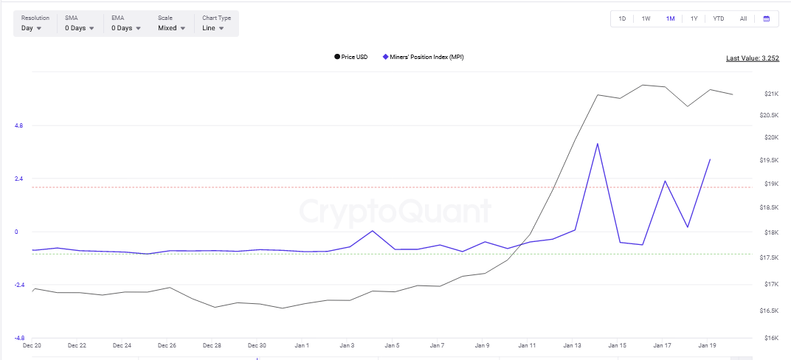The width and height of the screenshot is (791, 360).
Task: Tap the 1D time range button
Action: click(x=622, y=18)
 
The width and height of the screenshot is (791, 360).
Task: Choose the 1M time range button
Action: click(x=670, y=18)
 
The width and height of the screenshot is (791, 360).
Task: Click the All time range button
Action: click(x=743, y=18)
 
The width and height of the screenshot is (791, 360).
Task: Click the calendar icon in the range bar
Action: click(x=766, y=18)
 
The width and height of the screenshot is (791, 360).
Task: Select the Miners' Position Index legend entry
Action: click(x=423, y=57)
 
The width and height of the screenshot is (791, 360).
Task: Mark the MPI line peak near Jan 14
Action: click(x=597, y=144)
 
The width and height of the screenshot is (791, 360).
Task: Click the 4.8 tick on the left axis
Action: click(x=18, y=126)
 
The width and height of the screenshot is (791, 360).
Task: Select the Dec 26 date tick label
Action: click(x=167, y=345)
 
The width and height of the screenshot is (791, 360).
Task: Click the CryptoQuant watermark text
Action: click(x=395, y=212)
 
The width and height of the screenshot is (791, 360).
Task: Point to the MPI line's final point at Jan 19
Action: click(x=710, y=159)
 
